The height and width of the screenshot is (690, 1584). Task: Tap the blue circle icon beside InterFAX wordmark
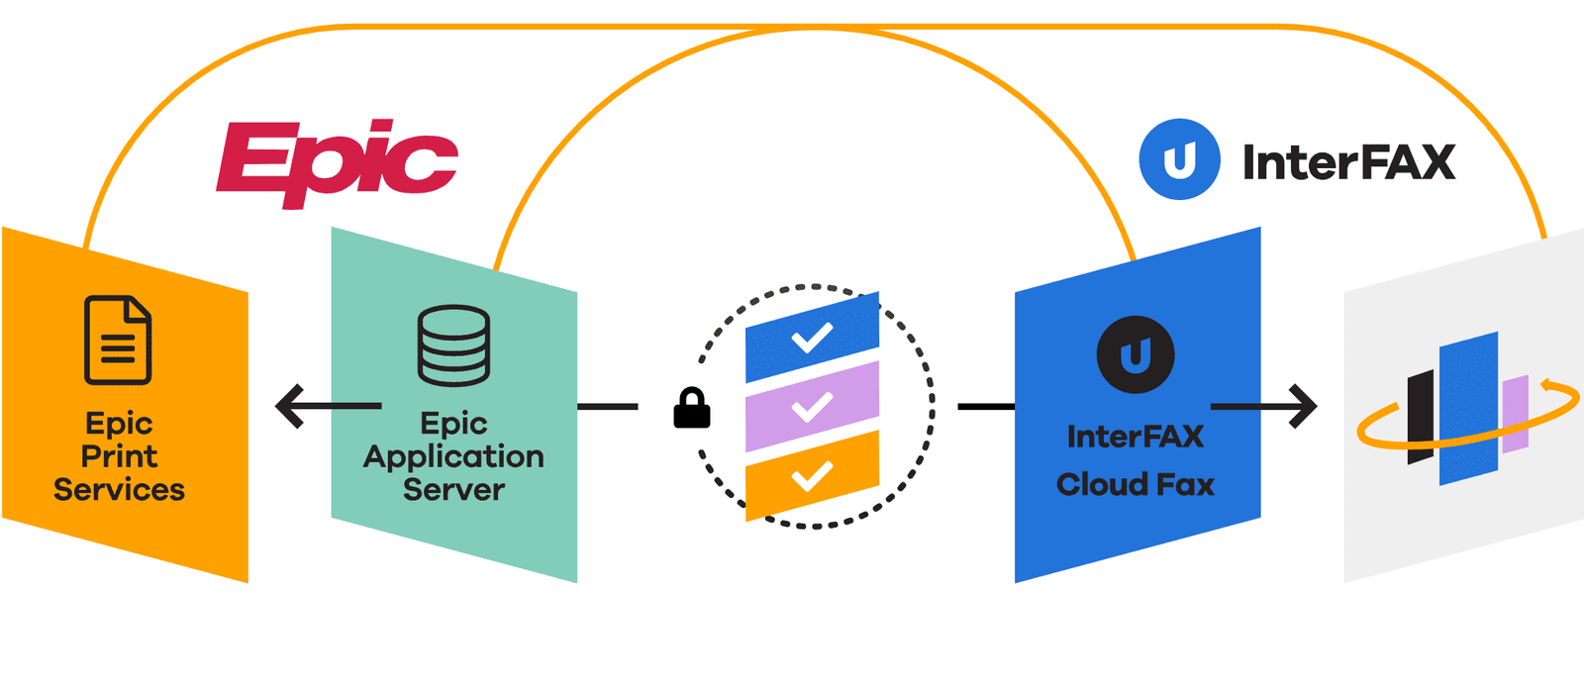point(1179,159)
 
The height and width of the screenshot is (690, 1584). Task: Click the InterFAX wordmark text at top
point(1348,162)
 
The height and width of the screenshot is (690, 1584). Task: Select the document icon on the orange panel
point(118,340)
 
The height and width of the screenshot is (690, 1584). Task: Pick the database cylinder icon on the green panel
point(453,345)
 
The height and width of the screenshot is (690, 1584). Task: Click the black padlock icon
point(692,408)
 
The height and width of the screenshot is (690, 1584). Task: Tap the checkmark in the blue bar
point(812,339)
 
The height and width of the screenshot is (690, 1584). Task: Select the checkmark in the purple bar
point(812,407)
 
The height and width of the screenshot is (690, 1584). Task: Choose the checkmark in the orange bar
point(812,477)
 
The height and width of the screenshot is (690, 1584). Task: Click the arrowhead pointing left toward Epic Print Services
point(290,406)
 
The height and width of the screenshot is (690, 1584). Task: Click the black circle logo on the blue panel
point(1136,354)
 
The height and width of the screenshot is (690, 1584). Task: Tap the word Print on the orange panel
point(119,456)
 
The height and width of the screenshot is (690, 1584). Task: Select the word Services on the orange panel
point(119,490)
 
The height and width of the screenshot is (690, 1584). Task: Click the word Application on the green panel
point(453,456)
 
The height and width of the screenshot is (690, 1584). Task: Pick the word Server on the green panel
point(453,490)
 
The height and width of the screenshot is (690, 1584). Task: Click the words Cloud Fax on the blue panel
point(1136,484)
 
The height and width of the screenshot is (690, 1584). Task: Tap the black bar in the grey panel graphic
point(1421,417)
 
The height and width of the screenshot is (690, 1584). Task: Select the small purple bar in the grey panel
point(1515,414)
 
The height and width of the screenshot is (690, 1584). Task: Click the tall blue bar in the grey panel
point(1468,408)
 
